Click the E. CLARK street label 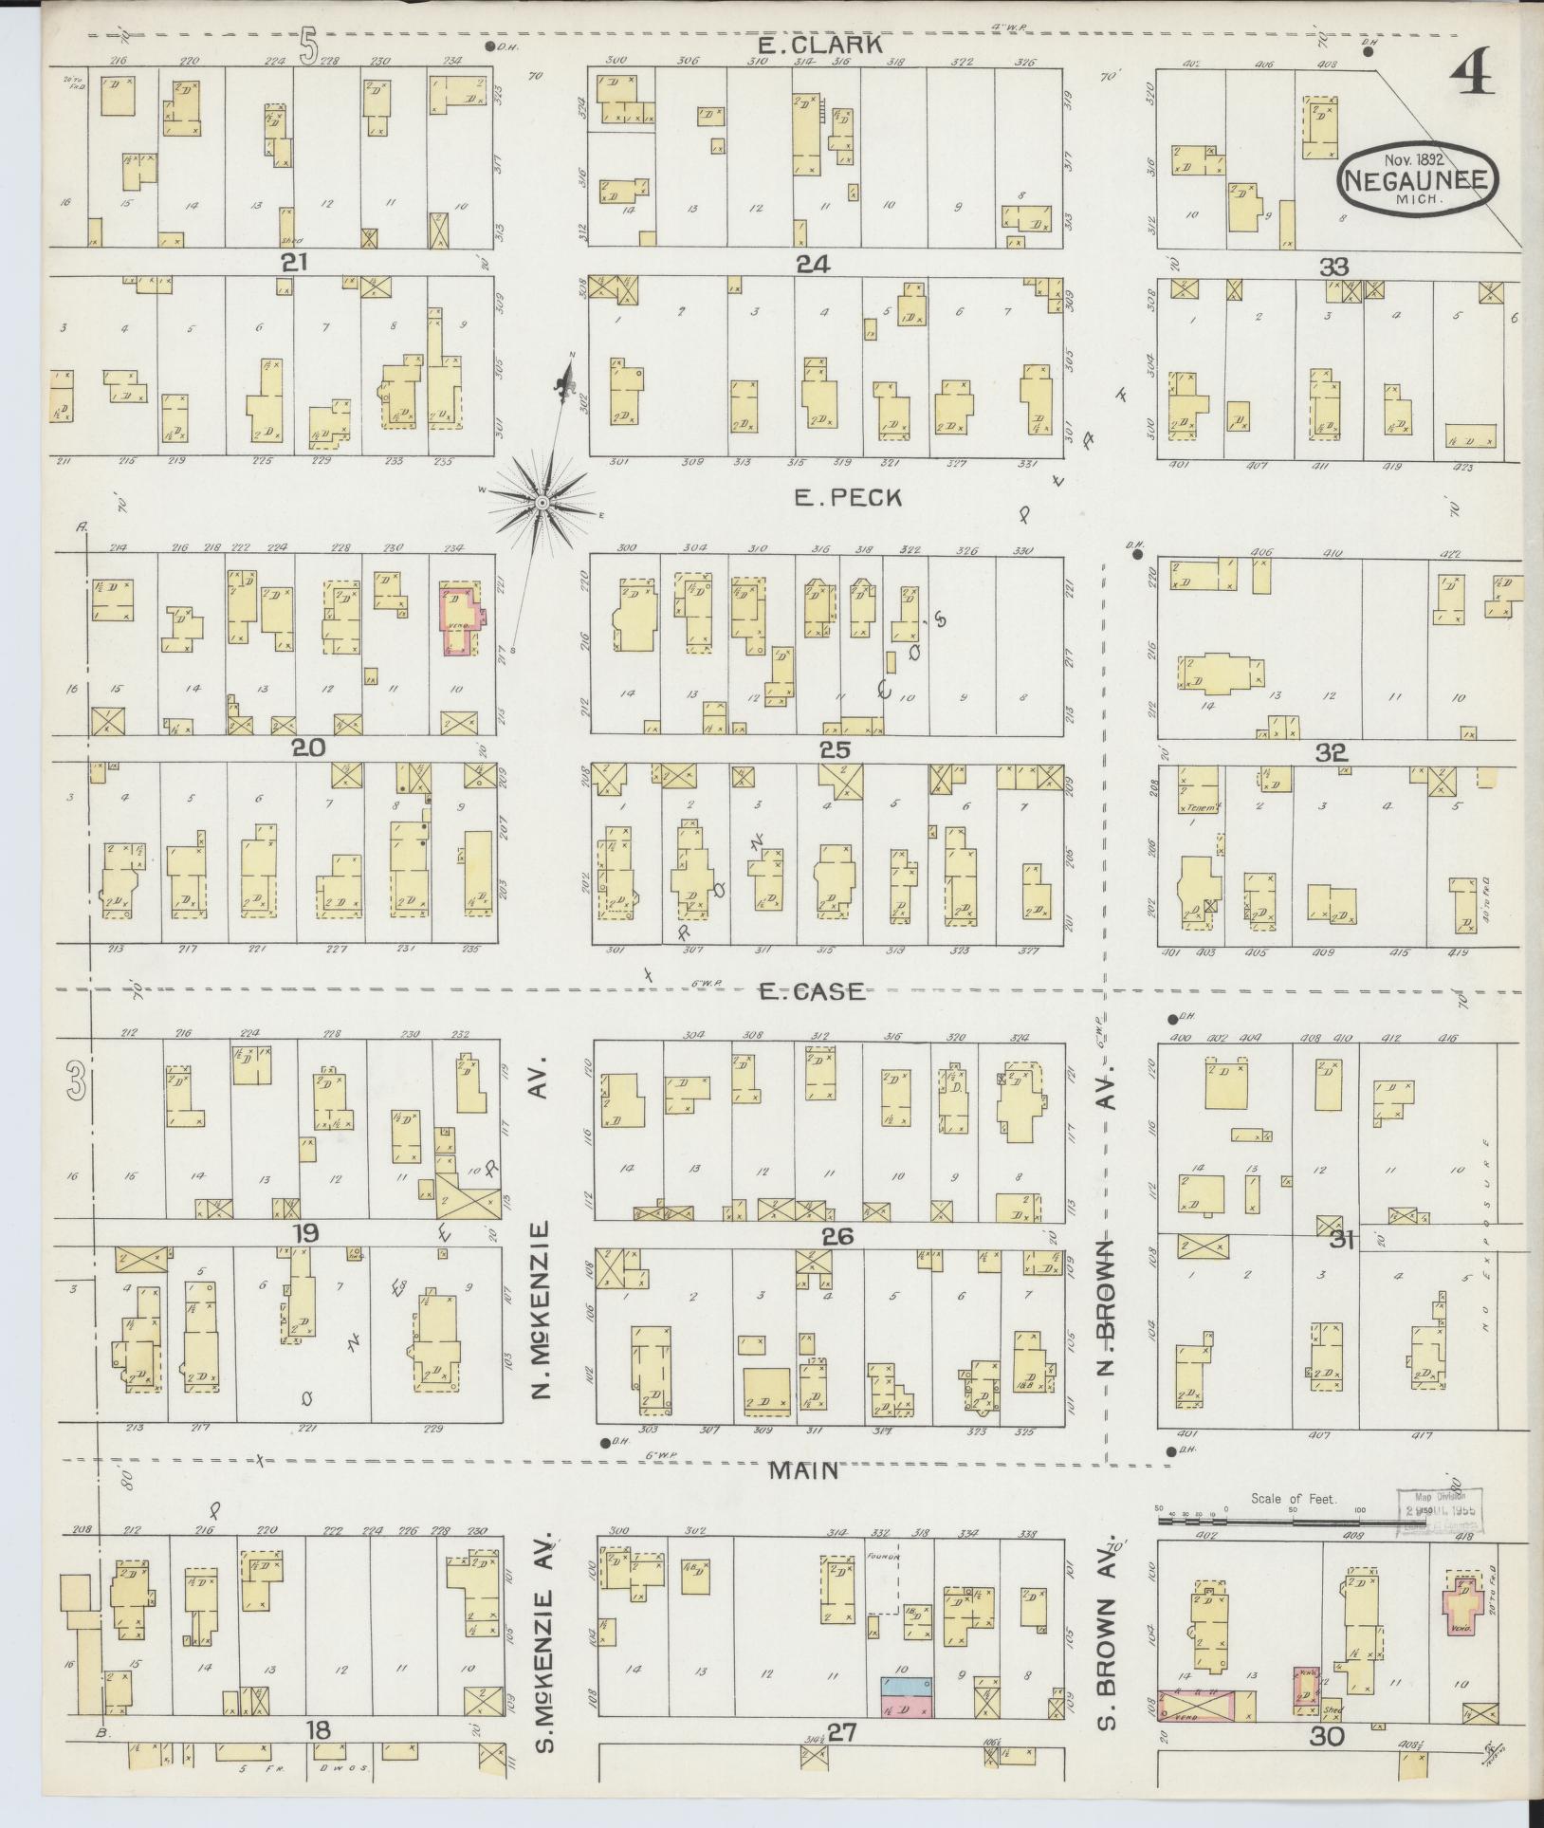[x=820, y=45]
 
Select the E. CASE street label [x=812, y=991]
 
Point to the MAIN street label [x=802, y=1470]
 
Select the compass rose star [x=542, y=502]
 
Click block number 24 [x=813, y=264]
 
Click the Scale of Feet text [x=1293, y=1499]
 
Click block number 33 [x=1333, y=267]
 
